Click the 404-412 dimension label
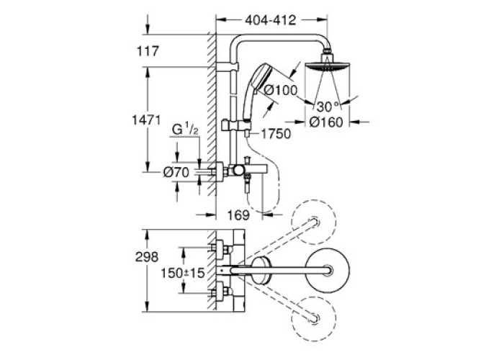pyautogui.click(x=270, y=21)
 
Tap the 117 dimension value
pyautogui.click(x=148, y=51)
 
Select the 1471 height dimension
pyautogui.click(x=146, y=120)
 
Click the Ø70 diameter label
pyautogui.click(x=176, y=173)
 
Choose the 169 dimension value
pyautogui.click(x=238, y=215)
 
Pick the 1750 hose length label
pyautogui.click(x=275, y=134)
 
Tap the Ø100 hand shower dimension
pyautogui.click(x=281, y=90)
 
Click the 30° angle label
pyautogui.click(x=328, y=107)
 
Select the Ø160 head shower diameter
pyautogui.click(x=326, y=122)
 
